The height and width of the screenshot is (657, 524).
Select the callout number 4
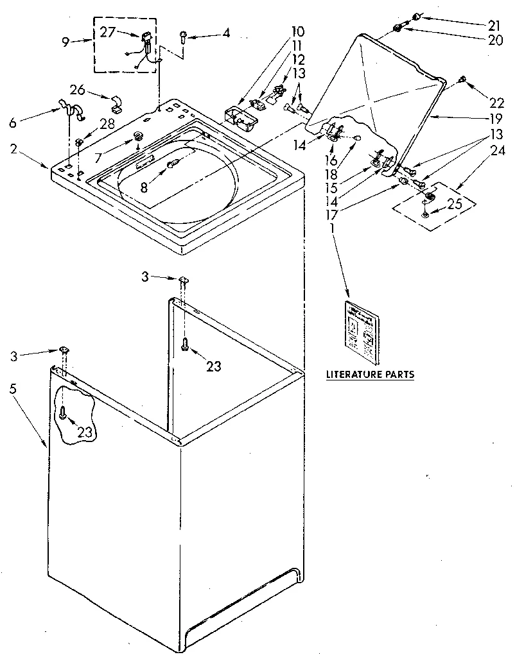(225, 33)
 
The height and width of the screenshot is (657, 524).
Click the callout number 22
(496, 103)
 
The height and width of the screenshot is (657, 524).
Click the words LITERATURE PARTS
(369, 374)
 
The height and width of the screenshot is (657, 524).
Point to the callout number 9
(66, 42)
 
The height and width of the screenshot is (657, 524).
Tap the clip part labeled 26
(116, 101)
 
